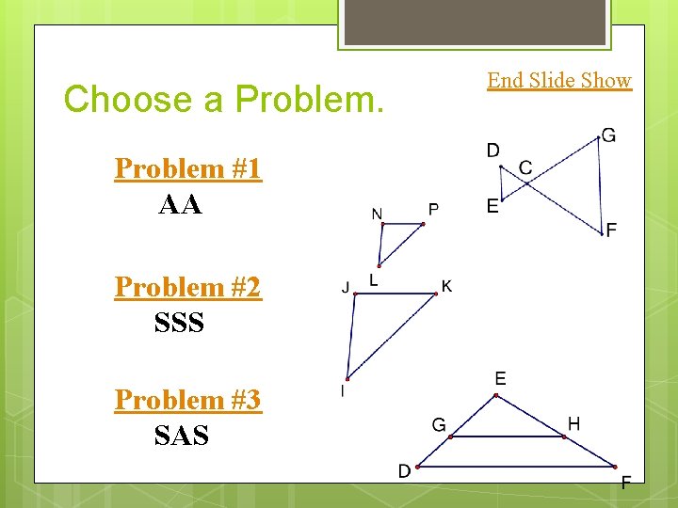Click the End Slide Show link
[x=558, y=81]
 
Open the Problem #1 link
[x=187, y=169]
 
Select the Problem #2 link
[x=187, y=287]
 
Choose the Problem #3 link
[x=187, y=400]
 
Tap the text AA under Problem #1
[x=180, y=205]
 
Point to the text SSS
[x=179, y=323]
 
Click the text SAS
[x=181, y=436]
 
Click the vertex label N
[x=377, y=214]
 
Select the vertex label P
[x=433, y=208]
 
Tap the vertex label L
[x=374, y=279]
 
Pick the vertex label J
[x=345, y=286]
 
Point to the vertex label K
[x=446, y=286]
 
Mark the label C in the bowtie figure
[x=525, y=167]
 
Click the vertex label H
[x=573, y=424]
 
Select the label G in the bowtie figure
[x=608, y=136]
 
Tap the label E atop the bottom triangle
[x=500, y=379]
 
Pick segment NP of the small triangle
[x=403, y=225]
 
